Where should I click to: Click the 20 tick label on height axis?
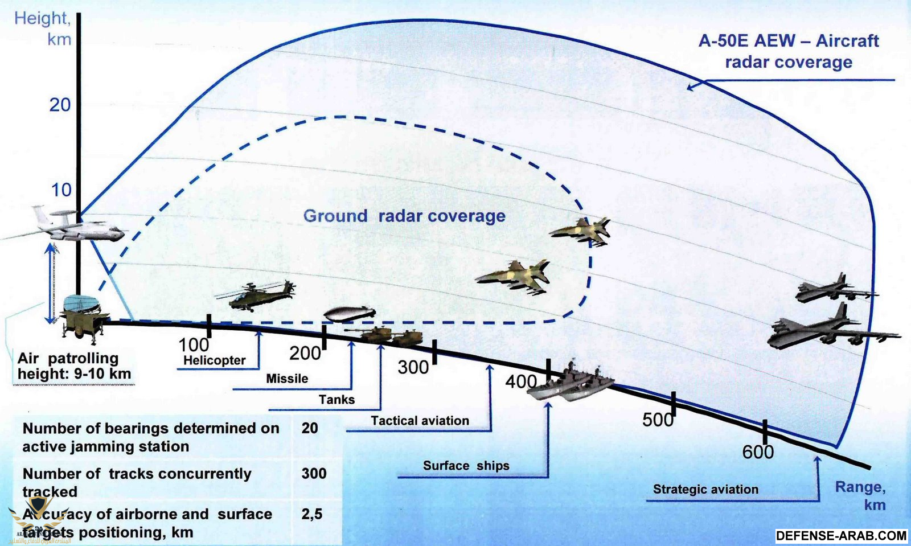pos(60,105)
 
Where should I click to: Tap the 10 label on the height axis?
pos(61,190)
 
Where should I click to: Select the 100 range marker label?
pos(194,345)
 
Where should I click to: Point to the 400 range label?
pos(521,382)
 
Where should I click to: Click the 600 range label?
pos(758,452)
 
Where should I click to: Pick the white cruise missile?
pos(350,314)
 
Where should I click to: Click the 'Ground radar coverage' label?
pos(404,216)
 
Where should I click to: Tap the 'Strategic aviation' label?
pos(705,489)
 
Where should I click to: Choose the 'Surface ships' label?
pos(466,466)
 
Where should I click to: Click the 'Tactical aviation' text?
pos(420,420)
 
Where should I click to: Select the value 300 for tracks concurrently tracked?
pos(314,474)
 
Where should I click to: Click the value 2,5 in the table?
pos(312,515)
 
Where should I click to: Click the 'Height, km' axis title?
pos(43,29)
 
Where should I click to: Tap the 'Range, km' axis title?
pos(860,496)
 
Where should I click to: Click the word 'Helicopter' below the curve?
pos(214,360)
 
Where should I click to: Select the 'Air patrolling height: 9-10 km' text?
pos(74,366)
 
